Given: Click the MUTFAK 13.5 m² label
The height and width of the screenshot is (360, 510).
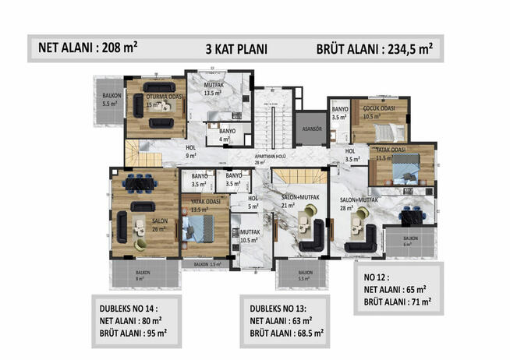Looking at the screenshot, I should tap(214, 88).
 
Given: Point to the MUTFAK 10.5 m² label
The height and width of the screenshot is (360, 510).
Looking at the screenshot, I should tap(250, 236).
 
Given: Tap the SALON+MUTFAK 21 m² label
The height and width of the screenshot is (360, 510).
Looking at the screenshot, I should tap(301, 201).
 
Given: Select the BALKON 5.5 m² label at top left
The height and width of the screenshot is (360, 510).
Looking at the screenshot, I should tap(108, 99).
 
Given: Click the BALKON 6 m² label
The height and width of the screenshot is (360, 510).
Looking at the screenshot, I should tap(407, 242).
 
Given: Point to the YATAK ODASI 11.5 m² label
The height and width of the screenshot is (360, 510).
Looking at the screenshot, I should tap(390, 153).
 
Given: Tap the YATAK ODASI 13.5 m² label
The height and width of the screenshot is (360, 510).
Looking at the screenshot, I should tap(197, 206).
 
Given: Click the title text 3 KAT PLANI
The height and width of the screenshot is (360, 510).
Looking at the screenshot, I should tap(236, 48).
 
